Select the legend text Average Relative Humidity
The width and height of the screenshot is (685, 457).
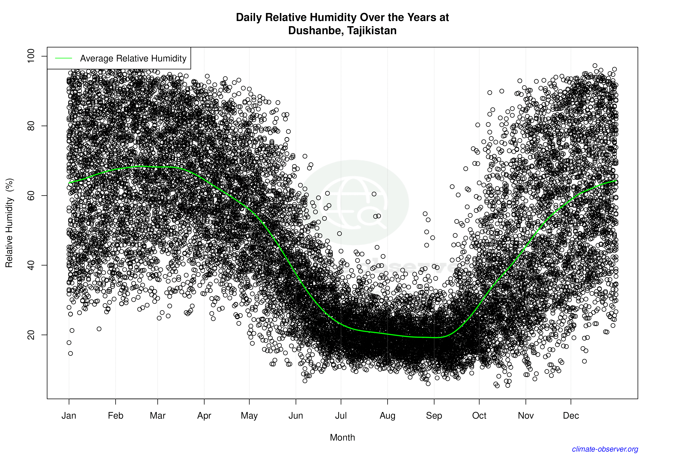click(133, 58)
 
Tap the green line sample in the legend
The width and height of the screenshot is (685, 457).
click(64, 58)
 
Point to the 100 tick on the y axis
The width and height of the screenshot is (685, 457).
click(31, 56)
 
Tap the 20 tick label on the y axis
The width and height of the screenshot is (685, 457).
click(31, 335)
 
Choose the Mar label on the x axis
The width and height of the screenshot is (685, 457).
click(158, 415)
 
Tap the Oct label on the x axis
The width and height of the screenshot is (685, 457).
click(479, 415)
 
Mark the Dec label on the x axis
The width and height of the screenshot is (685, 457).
click(571, 415)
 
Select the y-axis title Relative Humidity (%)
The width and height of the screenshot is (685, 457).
click(9, 223)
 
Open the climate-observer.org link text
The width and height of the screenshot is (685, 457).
click(605, 449)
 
